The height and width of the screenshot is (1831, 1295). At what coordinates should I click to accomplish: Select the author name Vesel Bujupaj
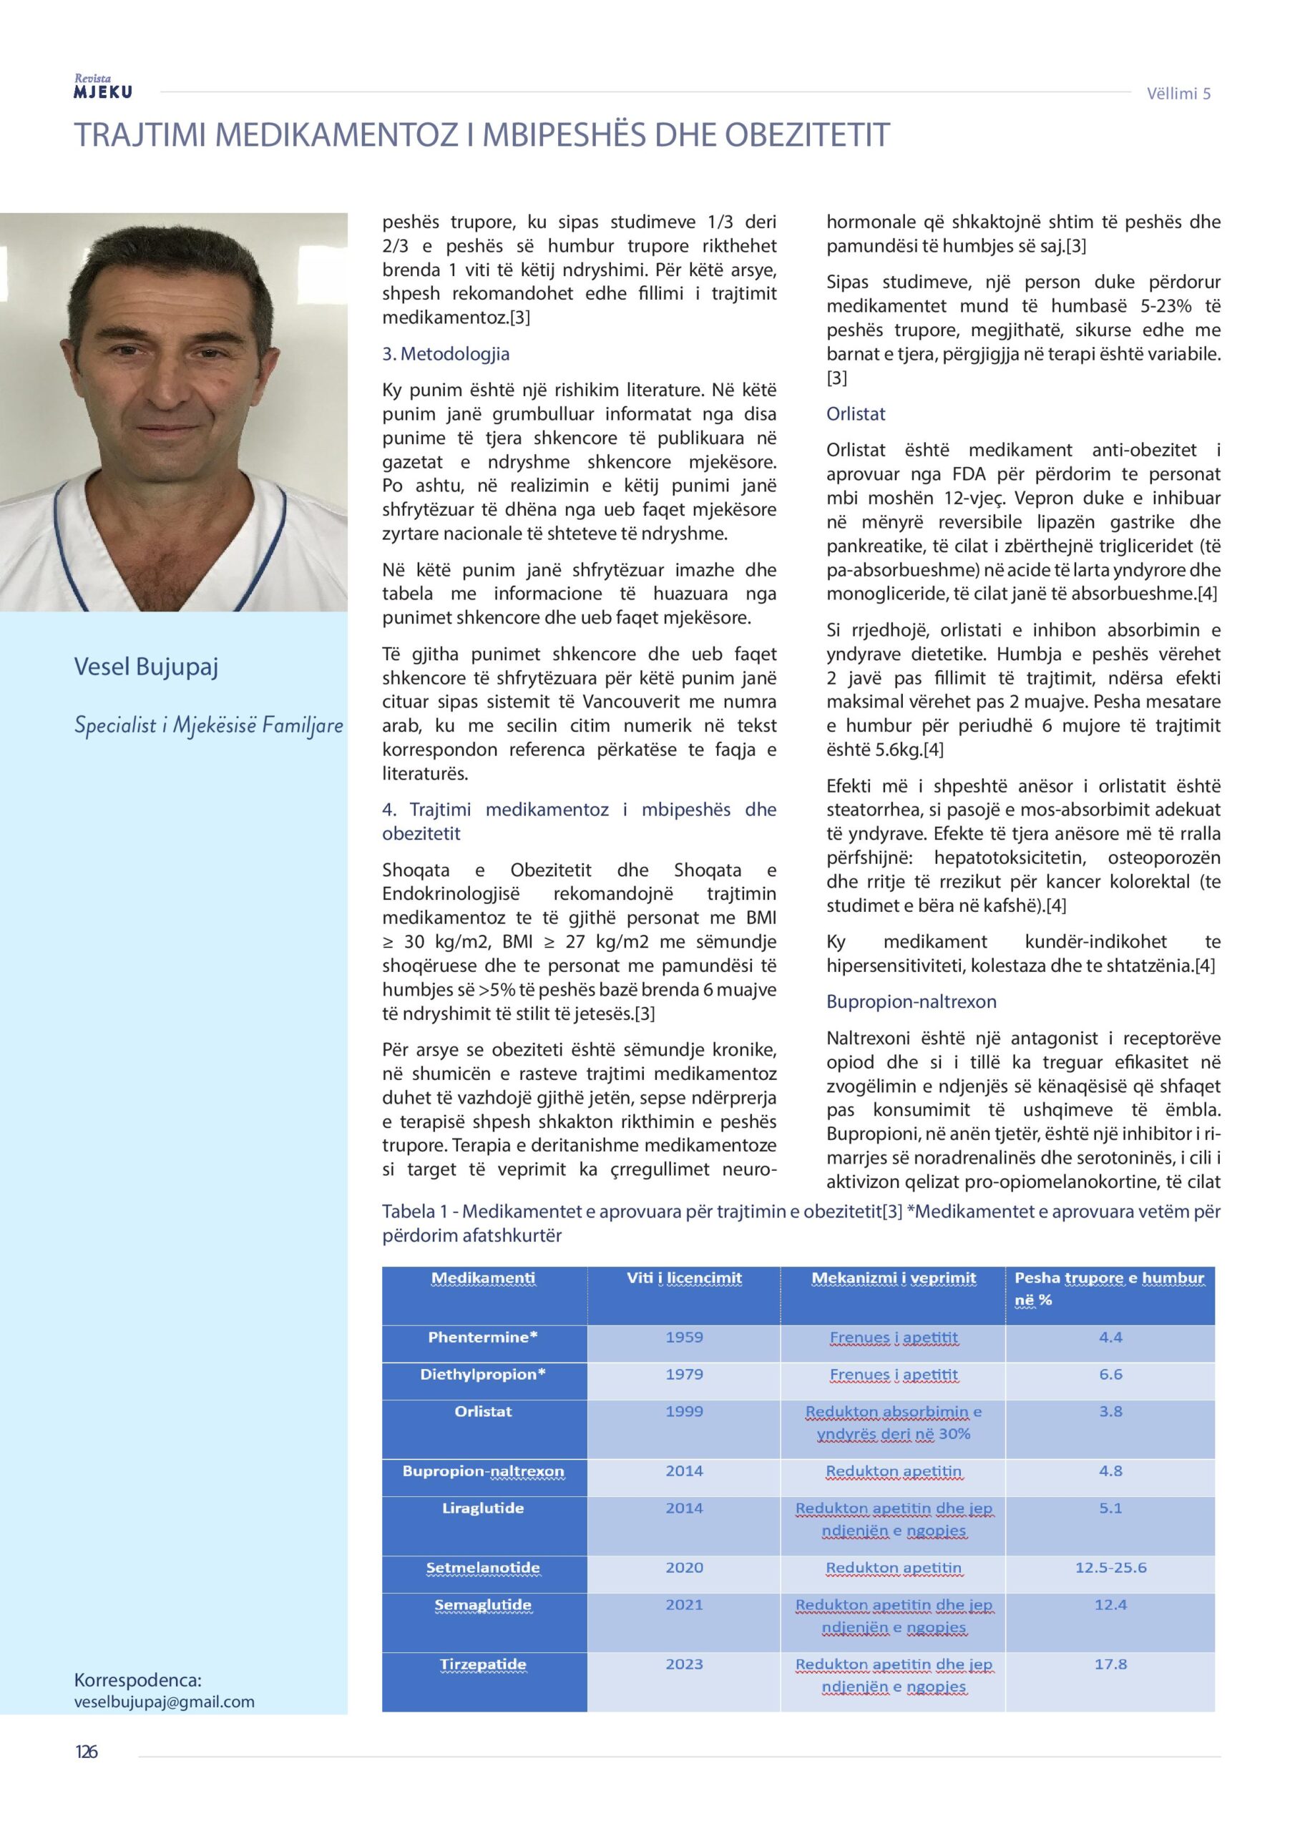point(146,667)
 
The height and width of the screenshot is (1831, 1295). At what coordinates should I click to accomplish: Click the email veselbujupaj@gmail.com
point(165,1702)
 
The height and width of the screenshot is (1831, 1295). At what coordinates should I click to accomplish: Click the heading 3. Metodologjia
point(445,354)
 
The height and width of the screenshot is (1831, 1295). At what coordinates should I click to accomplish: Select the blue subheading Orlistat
point(856,414)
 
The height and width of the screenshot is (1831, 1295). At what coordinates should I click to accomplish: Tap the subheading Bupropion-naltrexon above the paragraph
point(912,1001)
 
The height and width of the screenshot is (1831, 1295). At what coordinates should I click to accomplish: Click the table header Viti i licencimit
point(684,1278)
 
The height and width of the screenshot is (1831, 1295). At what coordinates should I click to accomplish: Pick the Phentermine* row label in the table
point(483,1337)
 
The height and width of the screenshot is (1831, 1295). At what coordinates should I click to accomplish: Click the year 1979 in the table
point(684,1374)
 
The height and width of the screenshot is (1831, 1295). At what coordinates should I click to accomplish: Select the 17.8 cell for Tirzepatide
point(1110,1664)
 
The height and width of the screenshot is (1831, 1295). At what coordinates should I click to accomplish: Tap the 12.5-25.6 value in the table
point(1110,1568)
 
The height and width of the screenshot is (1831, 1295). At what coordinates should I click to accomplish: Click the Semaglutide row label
point(483,1604)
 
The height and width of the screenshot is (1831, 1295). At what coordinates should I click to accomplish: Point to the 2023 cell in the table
point(684,1664)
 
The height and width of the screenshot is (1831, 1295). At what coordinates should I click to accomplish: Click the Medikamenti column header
point(483,1278)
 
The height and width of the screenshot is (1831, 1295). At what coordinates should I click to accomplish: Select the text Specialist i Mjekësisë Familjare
point(208,726)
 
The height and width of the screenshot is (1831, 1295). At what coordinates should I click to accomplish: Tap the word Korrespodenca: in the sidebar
point(137,1680)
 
